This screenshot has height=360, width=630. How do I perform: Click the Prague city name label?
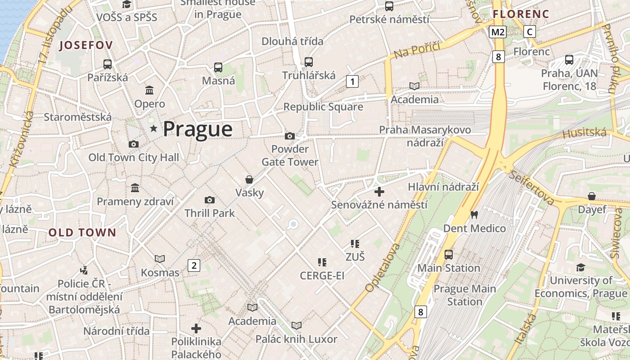198,129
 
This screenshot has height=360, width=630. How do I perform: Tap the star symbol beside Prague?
154,129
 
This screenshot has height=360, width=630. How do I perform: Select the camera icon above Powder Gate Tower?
290,136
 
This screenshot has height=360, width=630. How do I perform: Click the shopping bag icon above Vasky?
249,180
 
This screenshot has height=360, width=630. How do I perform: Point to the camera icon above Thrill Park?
210,200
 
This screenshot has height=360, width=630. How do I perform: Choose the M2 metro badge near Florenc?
498,31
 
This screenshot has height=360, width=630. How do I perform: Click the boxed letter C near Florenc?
530,31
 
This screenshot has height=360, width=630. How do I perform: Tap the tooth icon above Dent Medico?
473,215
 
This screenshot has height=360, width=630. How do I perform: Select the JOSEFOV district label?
85,45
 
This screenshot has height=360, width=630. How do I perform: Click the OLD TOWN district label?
82,233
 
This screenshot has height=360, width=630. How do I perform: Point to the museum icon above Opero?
149,90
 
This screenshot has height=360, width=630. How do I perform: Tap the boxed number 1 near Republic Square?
352,81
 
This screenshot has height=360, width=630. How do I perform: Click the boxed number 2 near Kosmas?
193,265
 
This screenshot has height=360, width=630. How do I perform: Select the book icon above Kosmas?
160,259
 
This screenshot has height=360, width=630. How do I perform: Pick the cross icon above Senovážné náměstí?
379,192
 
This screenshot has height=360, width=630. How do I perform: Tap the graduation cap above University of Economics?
580,267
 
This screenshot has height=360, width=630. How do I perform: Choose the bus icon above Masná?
218,67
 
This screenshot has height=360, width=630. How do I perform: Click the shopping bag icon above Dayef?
592,196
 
